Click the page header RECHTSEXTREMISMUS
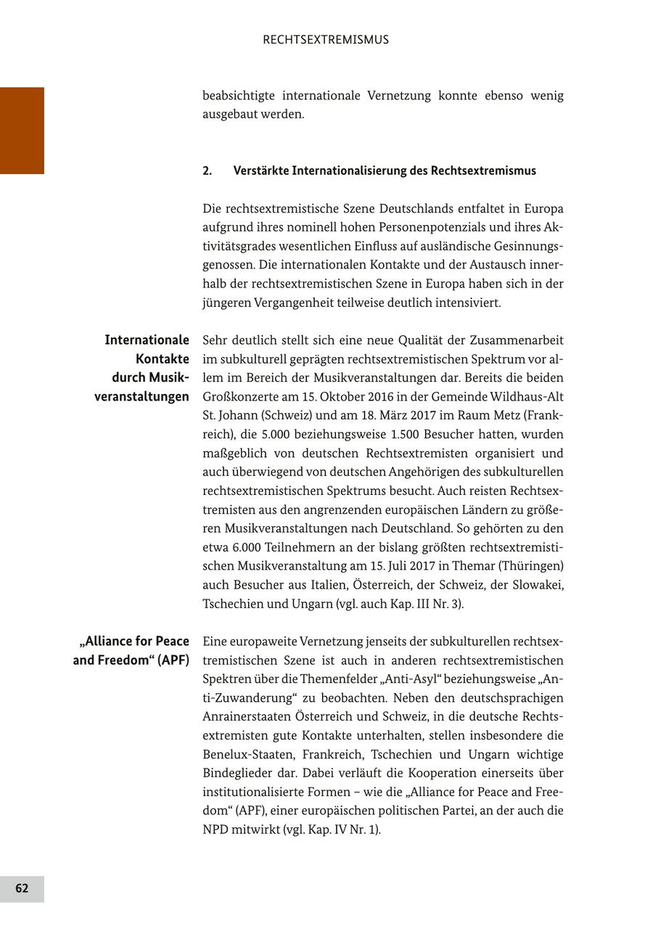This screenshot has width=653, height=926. point(326,40)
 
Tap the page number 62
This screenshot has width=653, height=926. point(22,888)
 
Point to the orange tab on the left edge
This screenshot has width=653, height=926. point(22,131)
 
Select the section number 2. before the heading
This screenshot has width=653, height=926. point(208,171)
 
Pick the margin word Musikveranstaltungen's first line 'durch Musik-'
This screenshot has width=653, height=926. point(150,377)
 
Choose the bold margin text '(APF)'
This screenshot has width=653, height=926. point(173,660)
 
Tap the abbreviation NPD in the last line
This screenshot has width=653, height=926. point(215,829)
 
